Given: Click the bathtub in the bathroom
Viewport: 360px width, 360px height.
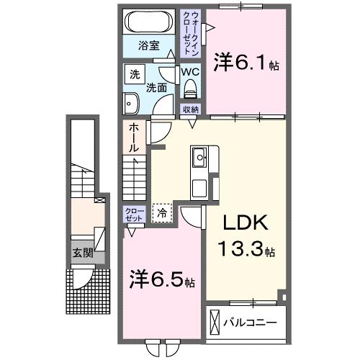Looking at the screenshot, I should click(x=148, y=22).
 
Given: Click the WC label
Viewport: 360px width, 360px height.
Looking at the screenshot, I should click(x=189, y=72).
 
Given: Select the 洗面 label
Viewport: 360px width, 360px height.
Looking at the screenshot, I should click(x=157, y=88).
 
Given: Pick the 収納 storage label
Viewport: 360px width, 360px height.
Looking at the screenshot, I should click(x=190, y=109).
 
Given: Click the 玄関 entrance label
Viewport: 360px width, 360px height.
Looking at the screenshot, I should click(x=82, y=253).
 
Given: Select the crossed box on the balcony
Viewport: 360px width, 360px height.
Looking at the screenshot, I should click(x=215, y=320).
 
